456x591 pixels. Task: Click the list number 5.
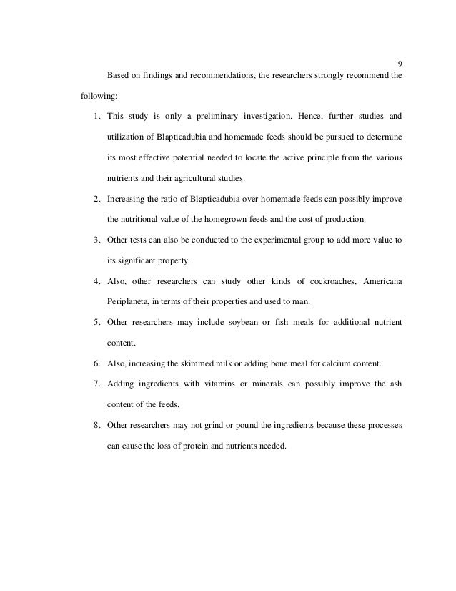(96, 323)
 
